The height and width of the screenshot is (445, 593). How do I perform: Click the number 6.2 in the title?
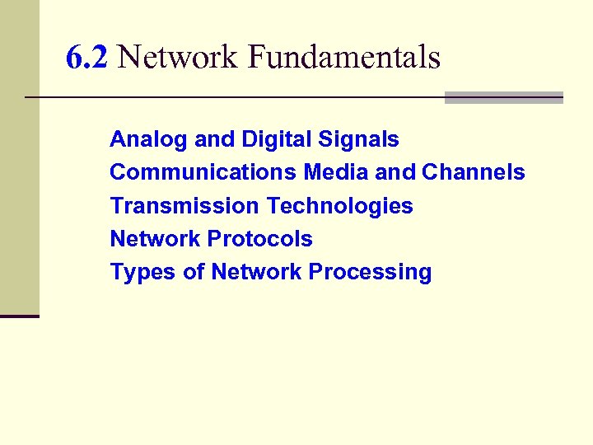click(x=86, y=58)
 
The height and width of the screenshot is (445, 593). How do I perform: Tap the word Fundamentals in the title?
click(x=343, y=58)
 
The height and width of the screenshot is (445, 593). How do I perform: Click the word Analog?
click(x=149, y=140)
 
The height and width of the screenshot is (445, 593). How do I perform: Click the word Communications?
click(x=203, y=172)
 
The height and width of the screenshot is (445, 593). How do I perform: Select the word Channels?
click(x=474, y=172)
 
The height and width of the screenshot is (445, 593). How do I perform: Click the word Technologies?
click(x=341, y=206)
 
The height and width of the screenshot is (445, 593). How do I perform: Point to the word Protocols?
click(x=260, y=239)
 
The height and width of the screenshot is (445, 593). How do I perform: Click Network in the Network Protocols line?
click(x=156, y=239)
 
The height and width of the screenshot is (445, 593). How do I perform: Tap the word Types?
click(x=143, y=272)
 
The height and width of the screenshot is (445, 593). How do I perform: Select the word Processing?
click(x=370, y=273)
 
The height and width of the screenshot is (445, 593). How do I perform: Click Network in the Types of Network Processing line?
click(x=257, y=272)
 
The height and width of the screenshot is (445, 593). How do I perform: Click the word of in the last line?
click(x=194, y=272)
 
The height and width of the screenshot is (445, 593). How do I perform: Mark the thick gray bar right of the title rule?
click(x=503, y=97)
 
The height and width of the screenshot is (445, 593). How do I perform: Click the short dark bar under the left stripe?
click(x=20, y=316)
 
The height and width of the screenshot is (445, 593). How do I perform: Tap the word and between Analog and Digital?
click(x=214, y=140)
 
